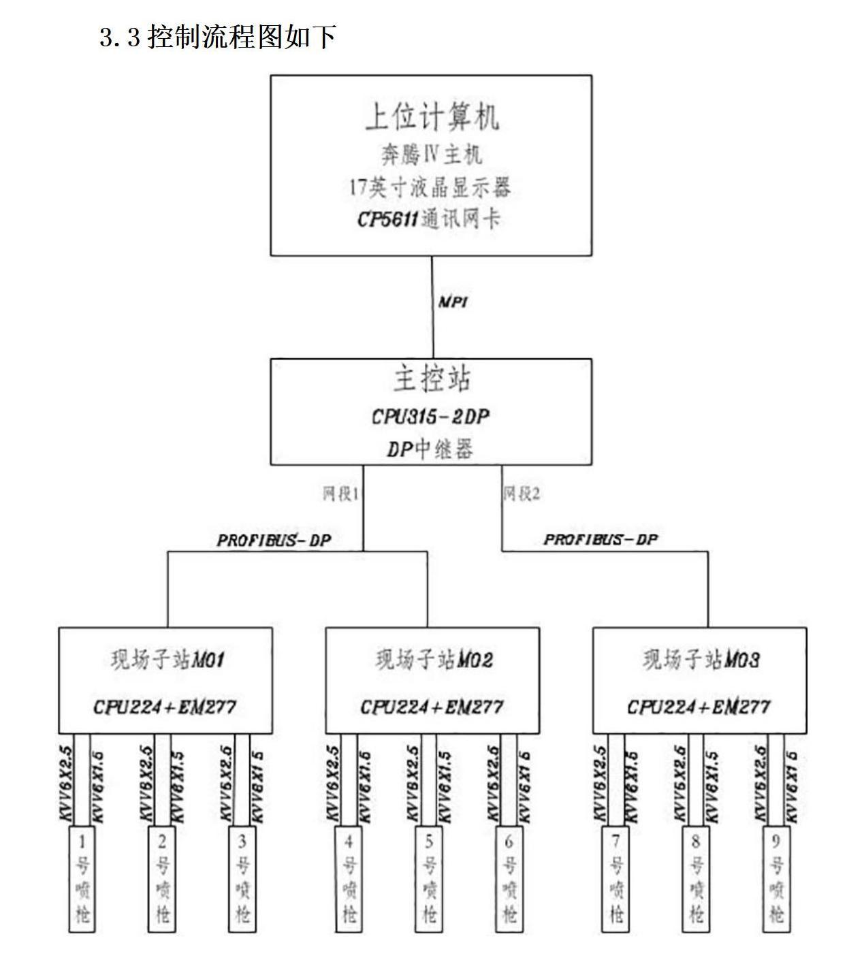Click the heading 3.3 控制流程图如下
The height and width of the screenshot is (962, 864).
[x=217, y=37]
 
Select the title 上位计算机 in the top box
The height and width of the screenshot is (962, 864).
[x=432, y=116]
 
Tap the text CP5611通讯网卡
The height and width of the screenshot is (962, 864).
[x=429, y=219]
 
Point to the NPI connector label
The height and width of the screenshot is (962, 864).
[x=453, y=302]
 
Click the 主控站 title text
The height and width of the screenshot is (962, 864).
[x=432, y=379]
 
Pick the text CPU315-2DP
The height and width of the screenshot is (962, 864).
[x=430, y=416]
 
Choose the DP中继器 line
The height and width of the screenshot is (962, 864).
[x=430, y=449]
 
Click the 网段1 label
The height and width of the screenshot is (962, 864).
[x=340, y=494]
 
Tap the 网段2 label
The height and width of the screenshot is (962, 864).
[x=522, y=494]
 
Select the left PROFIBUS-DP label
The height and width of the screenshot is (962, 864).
[x=274, y=541]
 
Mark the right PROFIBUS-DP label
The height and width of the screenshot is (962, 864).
[x=601, y=540]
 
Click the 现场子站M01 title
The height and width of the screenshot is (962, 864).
[x=167, y=659]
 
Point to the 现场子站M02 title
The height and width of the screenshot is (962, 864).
[x=434, y=659]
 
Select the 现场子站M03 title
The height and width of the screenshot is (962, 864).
[x=701, y=659]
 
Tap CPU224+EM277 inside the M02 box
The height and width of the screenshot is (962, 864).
[x=432, y=707]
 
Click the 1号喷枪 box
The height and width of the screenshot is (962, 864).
[x=82, y=878]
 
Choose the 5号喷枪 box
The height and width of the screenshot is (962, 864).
[x=429, y=878]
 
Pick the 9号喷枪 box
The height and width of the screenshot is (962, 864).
[x=776, y=878]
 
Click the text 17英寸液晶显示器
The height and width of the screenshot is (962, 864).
[x=430, y=187]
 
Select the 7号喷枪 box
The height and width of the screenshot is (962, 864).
[x=616, y=878]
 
